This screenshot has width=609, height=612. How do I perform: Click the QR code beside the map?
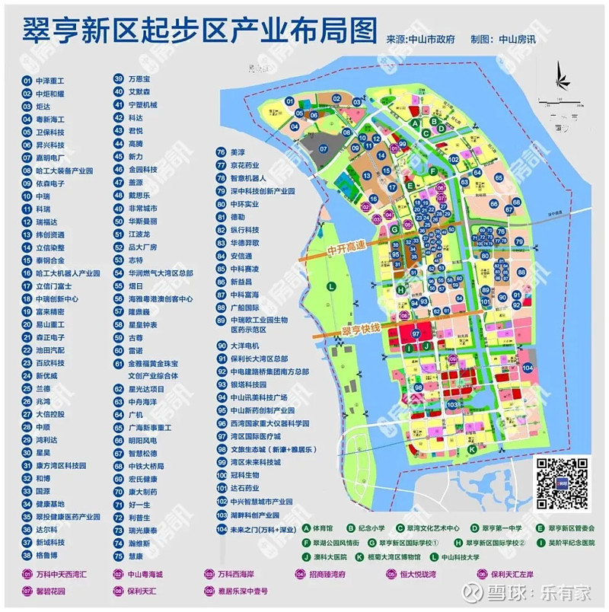click(562, 483)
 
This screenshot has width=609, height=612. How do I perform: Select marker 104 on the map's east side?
click(528, 368)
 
